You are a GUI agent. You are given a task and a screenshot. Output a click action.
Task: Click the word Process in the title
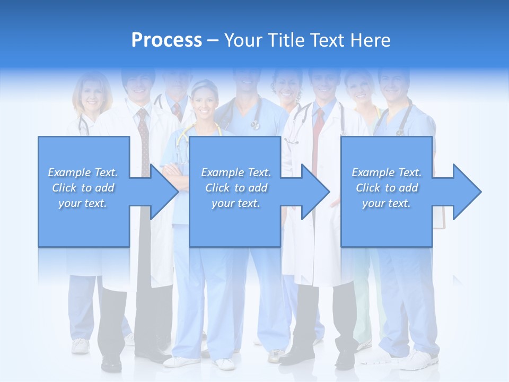(x=166, y=40)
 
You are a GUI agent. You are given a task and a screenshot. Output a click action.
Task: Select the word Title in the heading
(x=287, y=40)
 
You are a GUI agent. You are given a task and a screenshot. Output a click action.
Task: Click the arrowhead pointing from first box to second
(x=164, y=192)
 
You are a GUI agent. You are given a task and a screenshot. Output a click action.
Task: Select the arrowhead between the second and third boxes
(x=315, y=192)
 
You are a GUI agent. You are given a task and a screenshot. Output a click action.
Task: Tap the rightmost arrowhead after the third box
(x=467, y=192)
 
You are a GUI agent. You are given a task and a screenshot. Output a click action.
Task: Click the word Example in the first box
(x=69, y=172)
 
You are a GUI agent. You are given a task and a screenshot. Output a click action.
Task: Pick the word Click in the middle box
(x=217, y=188)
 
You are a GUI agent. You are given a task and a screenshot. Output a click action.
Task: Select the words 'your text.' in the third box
(x=386, y=203)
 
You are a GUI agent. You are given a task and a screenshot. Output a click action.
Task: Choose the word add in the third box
(x=409, y=188)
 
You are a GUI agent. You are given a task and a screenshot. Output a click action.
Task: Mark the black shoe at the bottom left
(x=111, y=364)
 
